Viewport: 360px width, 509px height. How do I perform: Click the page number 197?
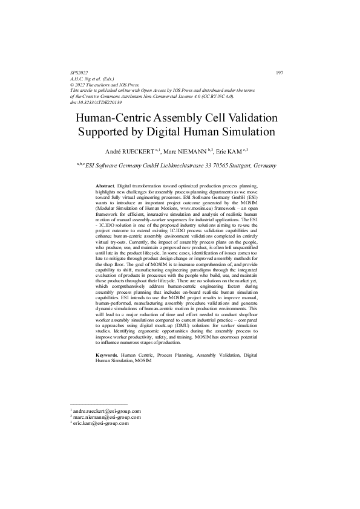pos(280,73)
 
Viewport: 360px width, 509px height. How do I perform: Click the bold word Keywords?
pos(108,354)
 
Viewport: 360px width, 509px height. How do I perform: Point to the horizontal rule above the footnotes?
pos(99,403)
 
